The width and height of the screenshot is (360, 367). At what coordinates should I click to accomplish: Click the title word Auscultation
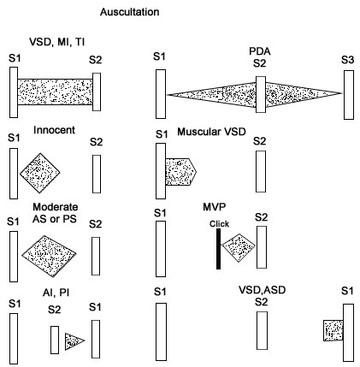129,12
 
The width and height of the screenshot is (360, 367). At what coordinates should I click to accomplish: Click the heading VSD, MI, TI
57,42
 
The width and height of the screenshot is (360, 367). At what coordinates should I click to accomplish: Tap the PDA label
260,51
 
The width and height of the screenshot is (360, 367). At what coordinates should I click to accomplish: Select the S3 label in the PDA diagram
348,60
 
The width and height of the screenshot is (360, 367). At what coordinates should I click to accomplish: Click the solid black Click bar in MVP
218,249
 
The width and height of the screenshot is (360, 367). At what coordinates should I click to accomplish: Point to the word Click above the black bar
219,224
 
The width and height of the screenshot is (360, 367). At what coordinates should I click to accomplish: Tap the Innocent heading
54,130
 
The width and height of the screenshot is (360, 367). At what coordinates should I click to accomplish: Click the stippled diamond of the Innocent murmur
40,173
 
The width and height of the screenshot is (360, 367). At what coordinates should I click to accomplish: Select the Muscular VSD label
211,132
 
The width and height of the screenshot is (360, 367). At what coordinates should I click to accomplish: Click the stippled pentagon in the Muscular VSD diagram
180,172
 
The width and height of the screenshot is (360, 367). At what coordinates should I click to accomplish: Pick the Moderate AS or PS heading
55,213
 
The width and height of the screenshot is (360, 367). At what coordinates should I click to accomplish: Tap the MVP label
214,207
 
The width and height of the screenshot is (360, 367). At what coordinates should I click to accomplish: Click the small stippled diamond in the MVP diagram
239,247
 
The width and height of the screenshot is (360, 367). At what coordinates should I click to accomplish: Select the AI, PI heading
56,293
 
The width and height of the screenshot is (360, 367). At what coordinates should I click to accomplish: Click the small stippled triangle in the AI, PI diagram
74,341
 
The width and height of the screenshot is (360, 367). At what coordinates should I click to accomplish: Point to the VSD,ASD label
262,290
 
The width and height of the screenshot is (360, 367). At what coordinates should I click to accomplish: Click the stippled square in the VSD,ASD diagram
333,330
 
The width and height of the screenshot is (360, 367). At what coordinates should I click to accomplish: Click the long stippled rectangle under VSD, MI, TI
55,92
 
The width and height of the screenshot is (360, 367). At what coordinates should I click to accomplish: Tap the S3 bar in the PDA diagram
349,95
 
